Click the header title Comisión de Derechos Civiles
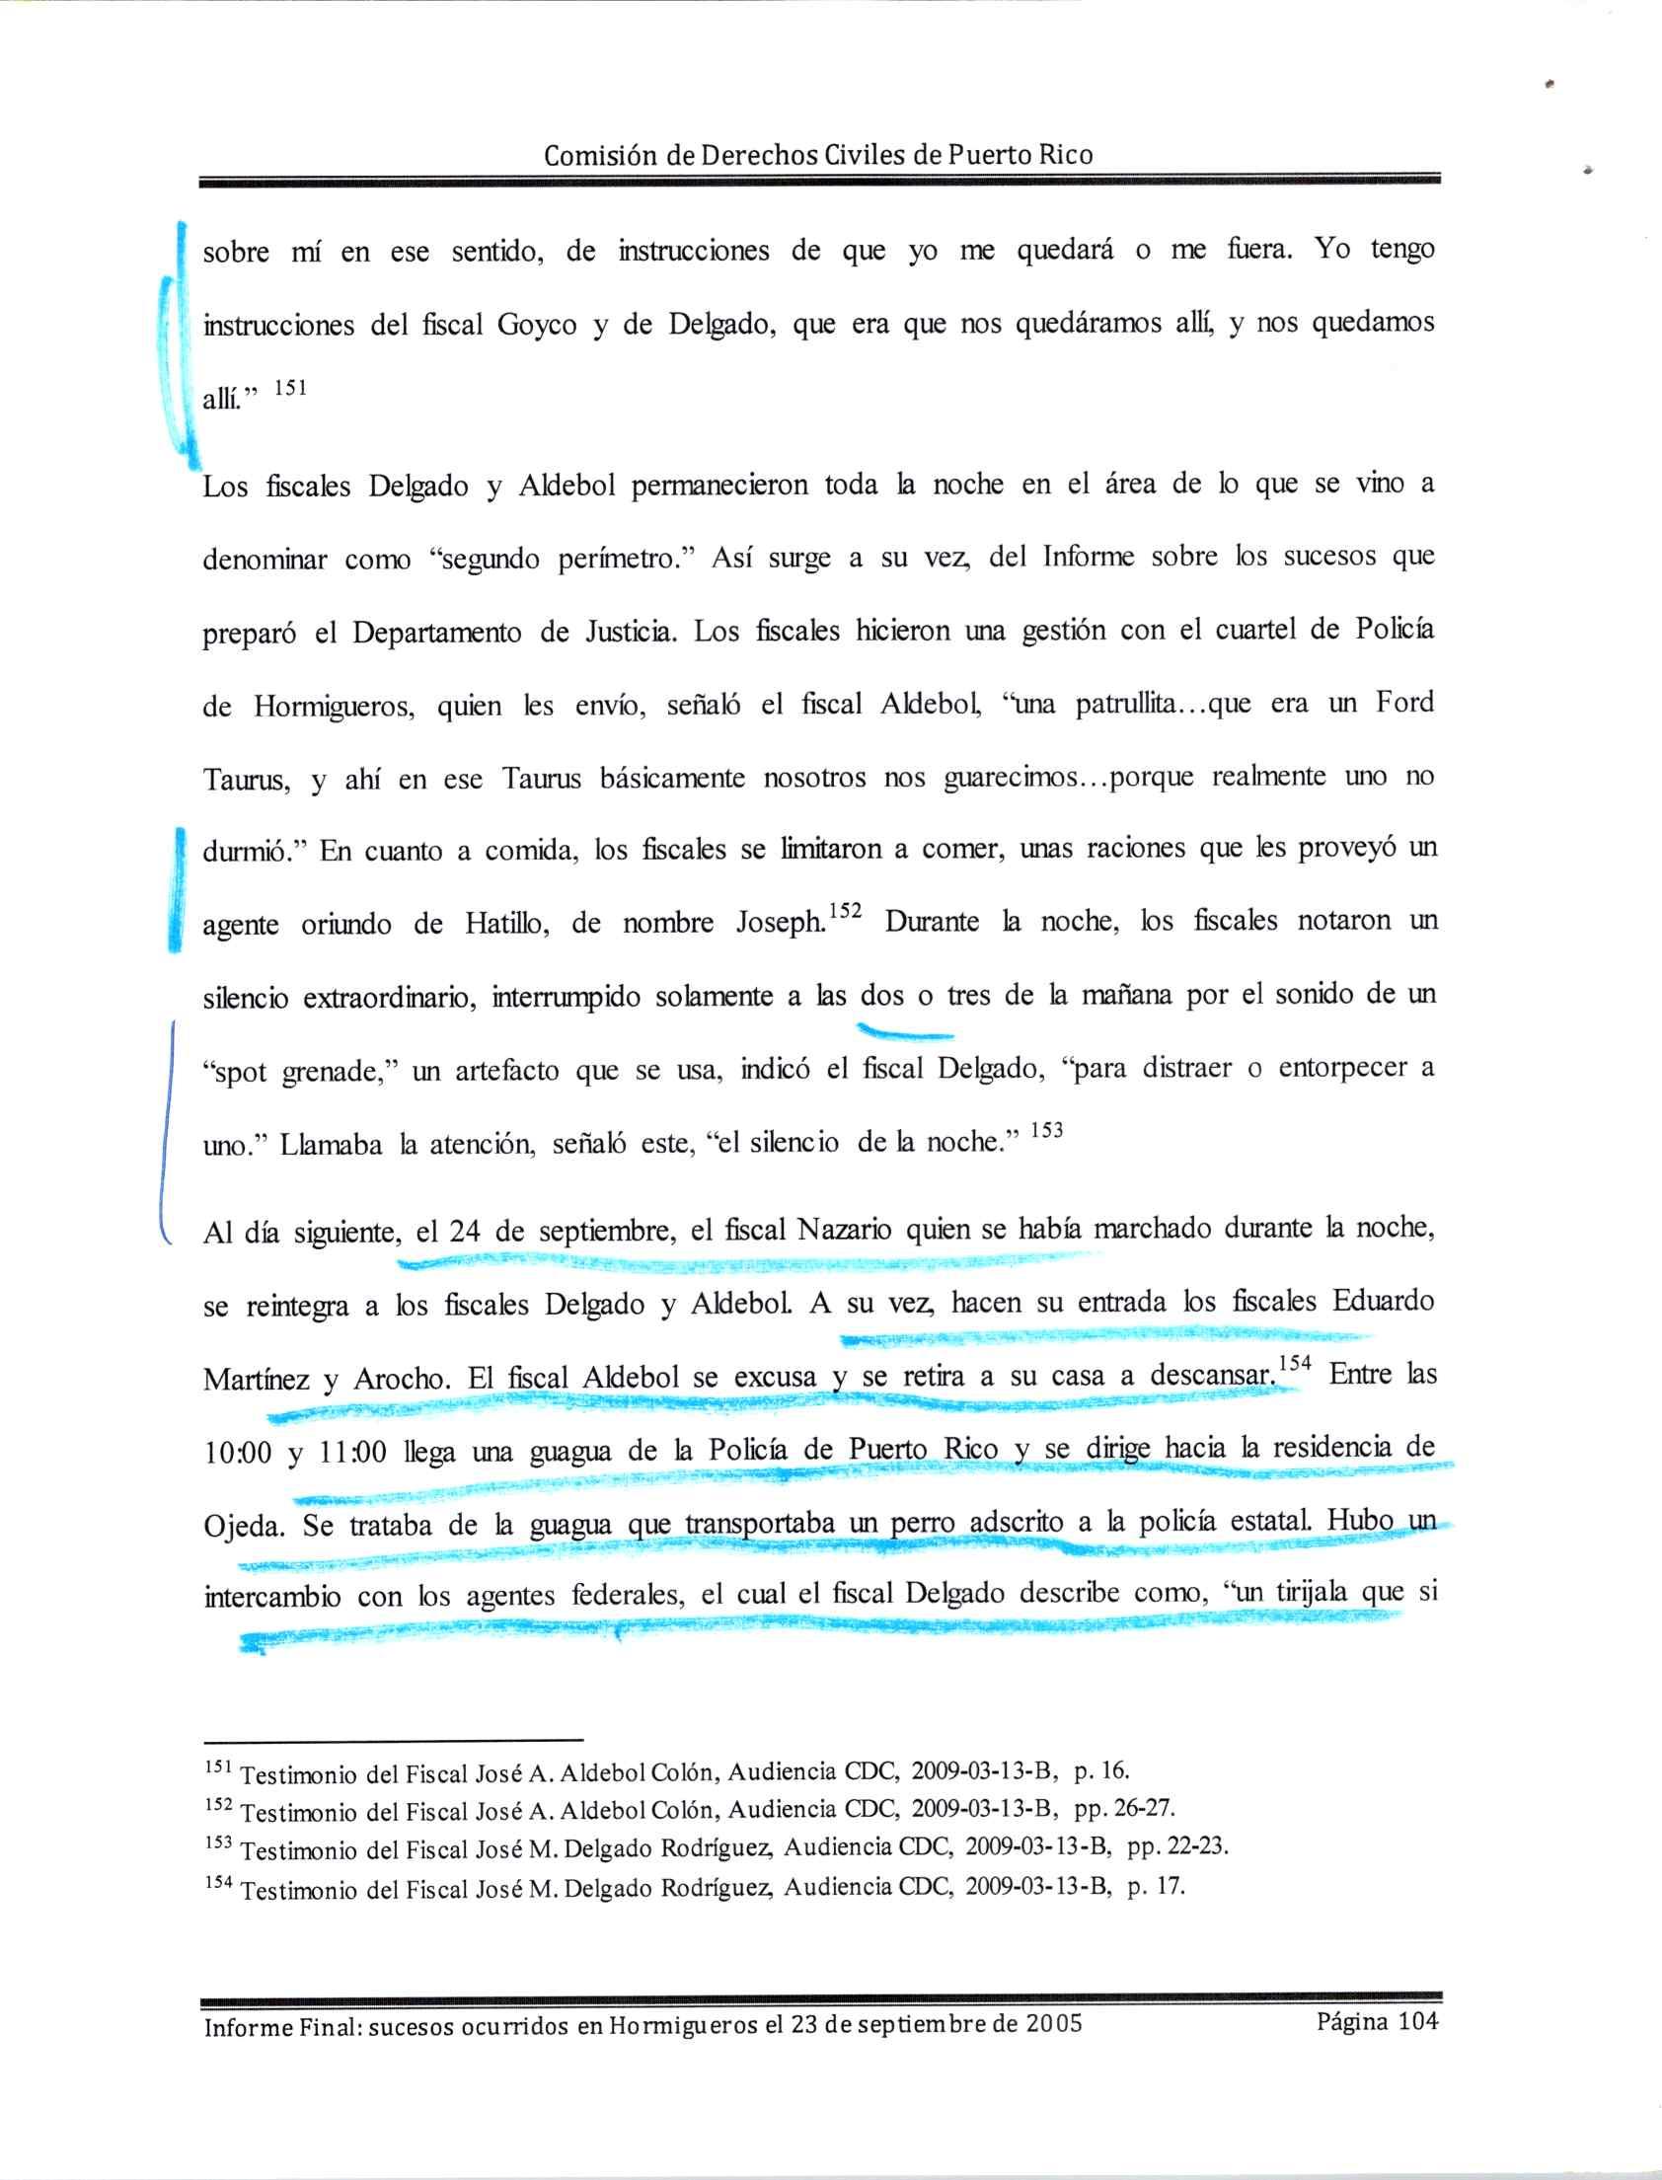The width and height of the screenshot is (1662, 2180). click(x=818, y=155)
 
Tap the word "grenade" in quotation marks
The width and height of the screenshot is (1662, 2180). click(x=332, y=1072)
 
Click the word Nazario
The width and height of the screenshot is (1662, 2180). click(x=844, y=1232)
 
